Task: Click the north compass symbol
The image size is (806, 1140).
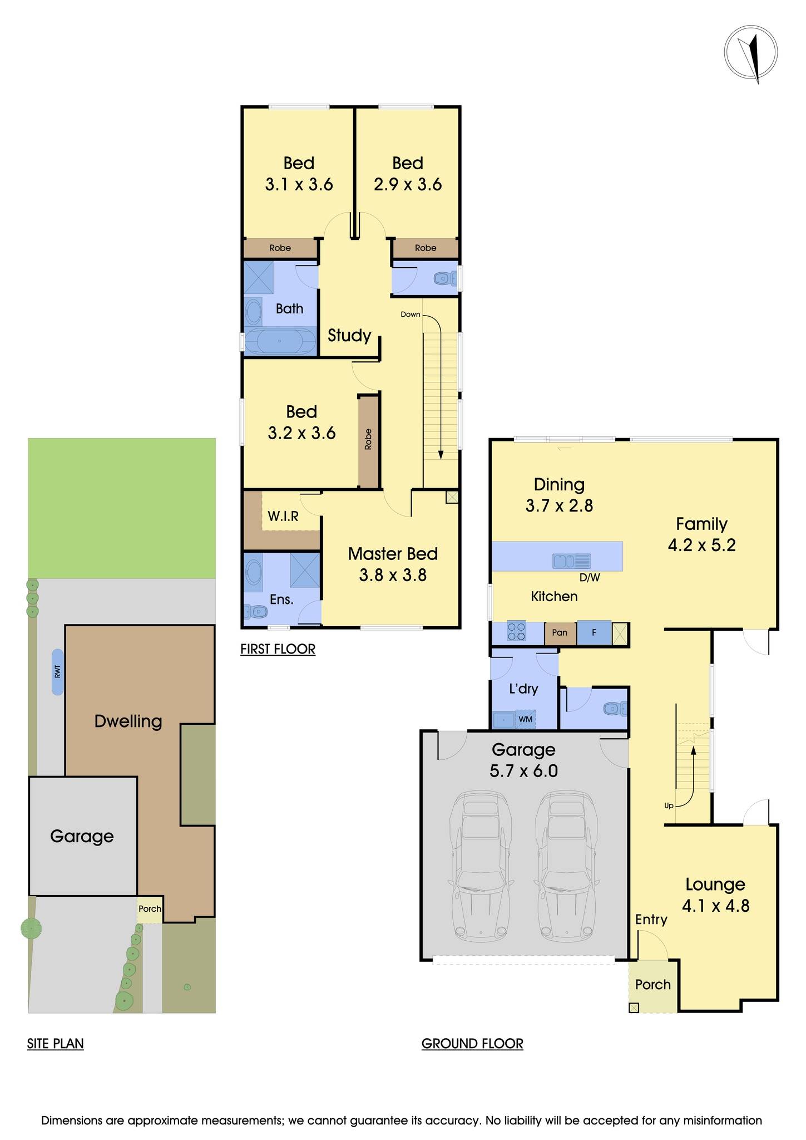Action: [x=750, y=54]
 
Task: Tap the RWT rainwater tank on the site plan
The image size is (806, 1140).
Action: [x=57, y=672]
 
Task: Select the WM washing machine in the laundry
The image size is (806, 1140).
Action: [x=525, y=719]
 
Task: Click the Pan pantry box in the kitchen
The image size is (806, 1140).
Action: [x=560, y=633]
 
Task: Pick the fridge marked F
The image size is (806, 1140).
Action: [x=594, y=633]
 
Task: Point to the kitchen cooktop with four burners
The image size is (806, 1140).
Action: [x=516, y=632]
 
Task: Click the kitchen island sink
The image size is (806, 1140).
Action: [x=571, y=561]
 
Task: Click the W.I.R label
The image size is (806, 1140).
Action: [x=283, y=517]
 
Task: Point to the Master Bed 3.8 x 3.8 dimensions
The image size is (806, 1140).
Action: [x=393, y=574]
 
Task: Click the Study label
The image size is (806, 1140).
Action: [x=349, y=335]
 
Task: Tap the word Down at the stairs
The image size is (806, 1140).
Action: [x=411, y=315]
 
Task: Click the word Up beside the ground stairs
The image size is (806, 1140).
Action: [x=669, y=805]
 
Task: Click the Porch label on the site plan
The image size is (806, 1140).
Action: [x=150, y=908]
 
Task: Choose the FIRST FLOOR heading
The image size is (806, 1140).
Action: [x=278, y=649]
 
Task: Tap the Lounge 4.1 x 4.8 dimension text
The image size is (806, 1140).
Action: [x=715, y=906]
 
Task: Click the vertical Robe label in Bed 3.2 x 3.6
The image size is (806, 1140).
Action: [x=368, y=439]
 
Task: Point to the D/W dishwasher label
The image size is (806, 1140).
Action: [x=590, y=578]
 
